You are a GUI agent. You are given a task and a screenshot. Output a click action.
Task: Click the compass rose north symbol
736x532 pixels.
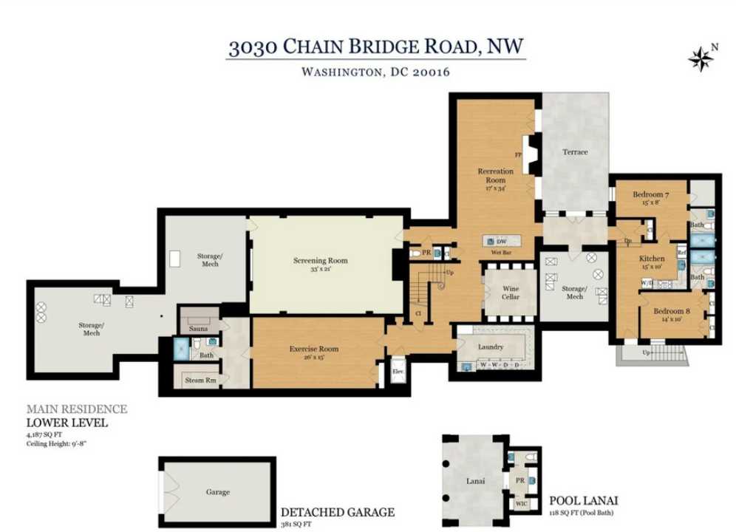pos(698,58)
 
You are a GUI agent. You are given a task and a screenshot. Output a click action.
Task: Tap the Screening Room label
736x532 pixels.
pos(320,261)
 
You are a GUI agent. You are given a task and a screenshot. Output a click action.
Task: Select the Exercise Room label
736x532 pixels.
pos(314,349)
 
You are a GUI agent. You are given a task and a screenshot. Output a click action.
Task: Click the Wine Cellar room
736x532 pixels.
pos(510,293)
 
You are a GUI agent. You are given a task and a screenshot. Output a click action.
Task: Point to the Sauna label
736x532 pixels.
pos(197,328)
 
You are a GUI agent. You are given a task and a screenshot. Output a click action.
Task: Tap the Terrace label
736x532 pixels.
pos(575,152)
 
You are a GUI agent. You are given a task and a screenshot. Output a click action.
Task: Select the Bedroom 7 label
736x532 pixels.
pos(651,195)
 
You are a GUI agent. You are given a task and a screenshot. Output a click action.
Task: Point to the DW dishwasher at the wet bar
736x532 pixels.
pos(501,242)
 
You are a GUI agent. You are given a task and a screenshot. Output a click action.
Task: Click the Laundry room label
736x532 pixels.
pos(491,347)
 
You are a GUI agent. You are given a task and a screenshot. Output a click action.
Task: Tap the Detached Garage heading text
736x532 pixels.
pos(337,512)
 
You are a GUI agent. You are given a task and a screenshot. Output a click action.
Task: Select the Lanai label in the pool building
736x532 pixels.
pos(476,482)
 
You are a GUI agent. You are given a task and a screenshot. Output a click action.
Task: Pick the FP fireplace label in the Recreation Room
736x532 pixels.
pos(518,155)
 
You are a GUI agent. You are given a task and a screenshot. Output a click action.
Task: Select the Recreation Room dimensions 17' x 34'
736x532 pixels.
pos(495,188)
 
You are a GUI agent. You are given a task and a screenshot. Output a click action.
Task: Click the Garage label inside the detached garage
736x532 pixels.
pos(217,491)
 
